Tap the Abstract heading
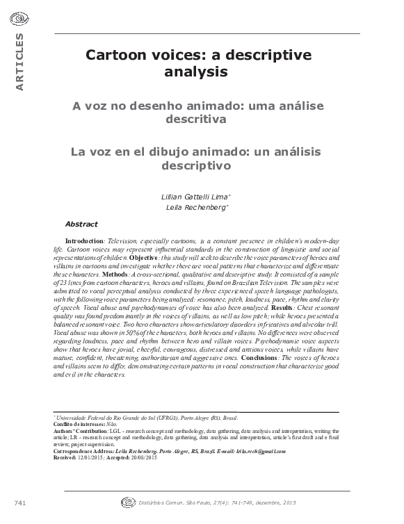pos(81,224)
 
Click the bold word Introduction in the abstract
pos(83,240)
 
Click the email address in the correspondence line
pos(261,451)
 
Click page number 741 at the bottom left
pos(19,501)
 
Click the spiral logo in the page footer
pos(127,500)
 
